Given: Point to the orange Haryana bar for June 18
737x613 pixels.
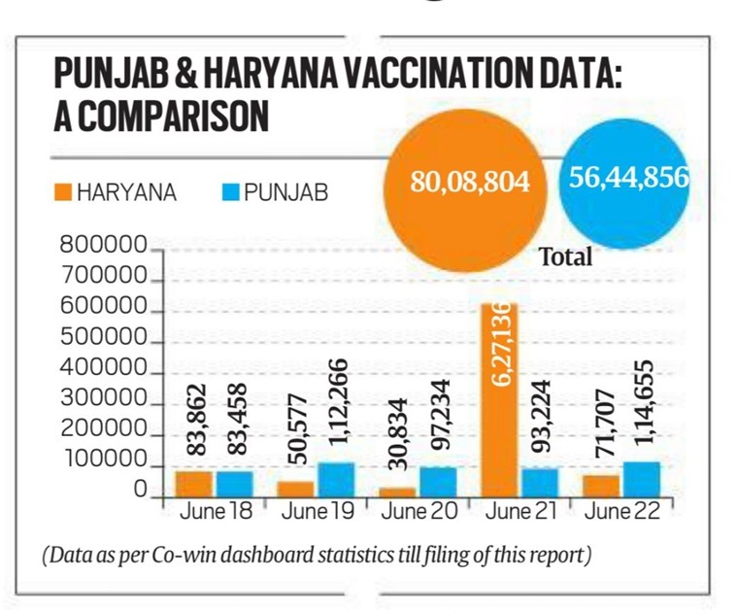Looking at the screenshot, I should pyautogui.click(x=194, y=483).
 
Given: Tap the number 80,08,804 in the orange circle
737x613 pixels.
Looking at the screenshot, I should pyautogui.click(x=470, y=182).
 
